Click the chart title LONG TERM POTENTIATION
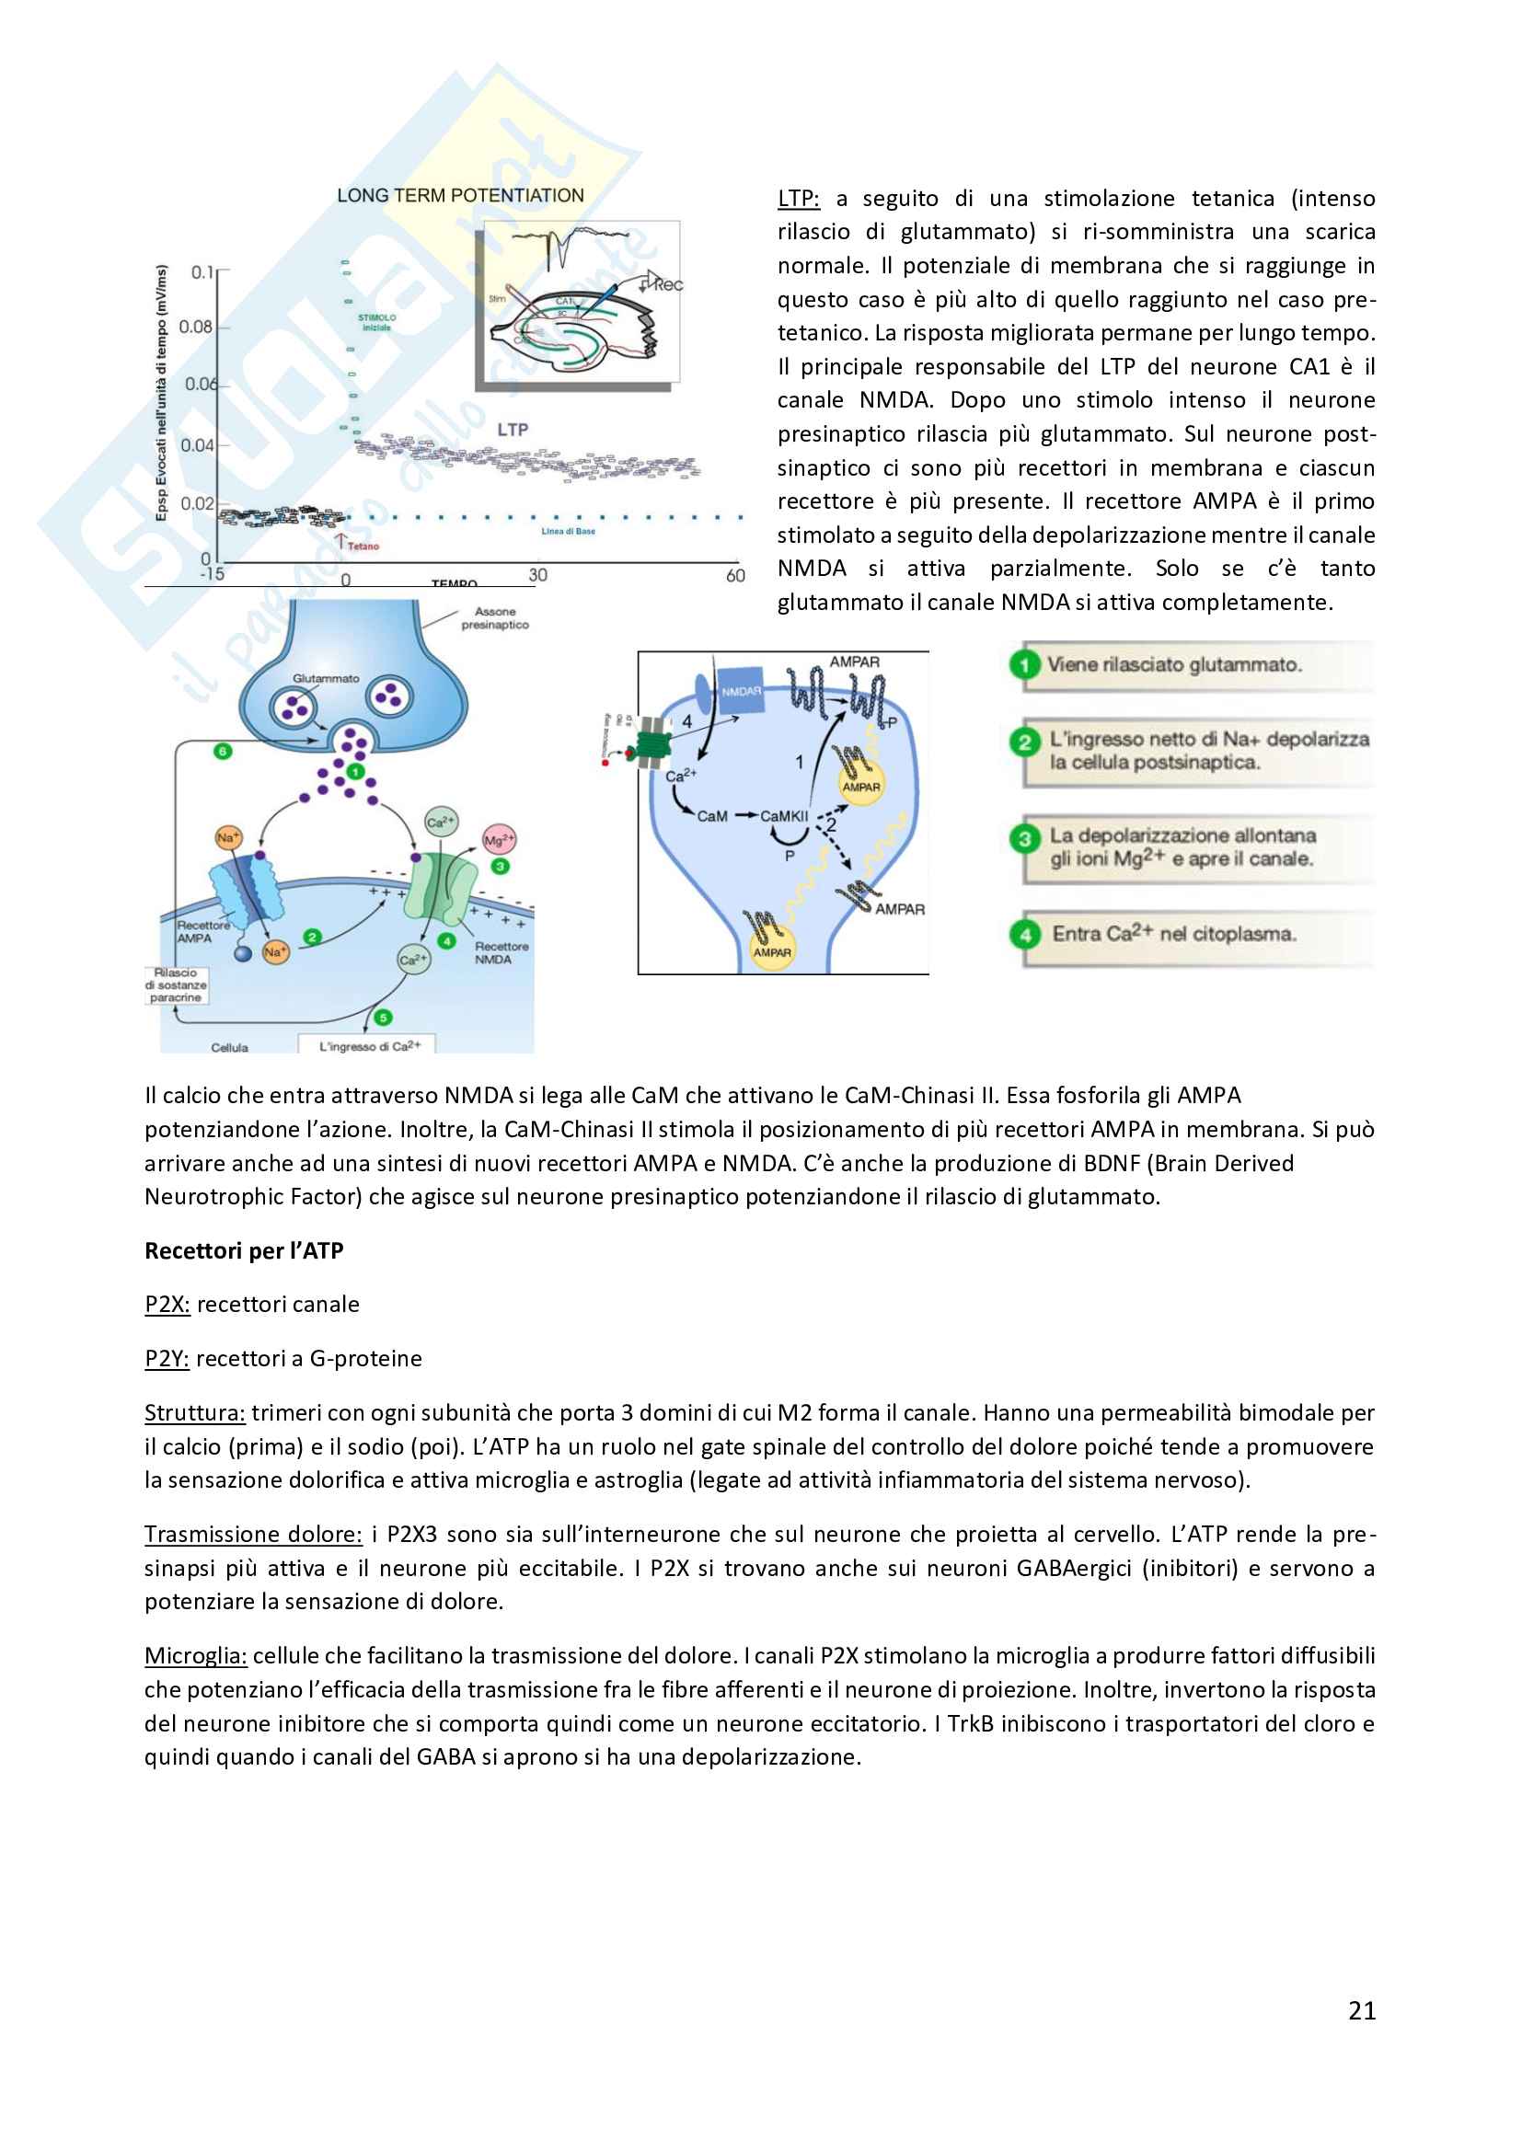(x=460, y=196)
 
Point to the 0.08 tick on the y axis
(x=196, y=328)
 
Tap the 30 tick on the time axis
(x=538, y=574)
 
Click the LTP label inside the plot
(x=513, y=430)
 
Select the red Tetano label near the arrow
(x=363, y=547)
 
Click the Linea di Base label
(x=568, y=532)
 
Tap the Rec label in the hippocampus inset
(x=667, y=284)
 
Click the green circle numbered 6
(x=222, y=751)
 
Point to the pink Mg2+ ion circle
(x=499, y=840)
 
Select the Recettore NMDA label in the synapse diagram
(x=501, y=952)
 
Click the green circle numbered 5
(x=383, y=1017)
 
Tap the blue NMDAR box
(x=741, y=691)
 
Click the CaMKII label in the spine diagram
(x=783, y=816)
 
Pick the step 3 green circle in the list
(x=1025, y=839)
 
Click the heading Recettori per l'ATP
(x=244, y=1250)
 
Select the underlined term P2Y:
(x=167, y=1358)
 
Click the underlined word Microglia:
(x=196, y=1655)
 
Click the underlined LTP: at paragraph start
(x=799, y=199)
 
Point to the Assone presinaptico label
(x=495, y=618)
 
